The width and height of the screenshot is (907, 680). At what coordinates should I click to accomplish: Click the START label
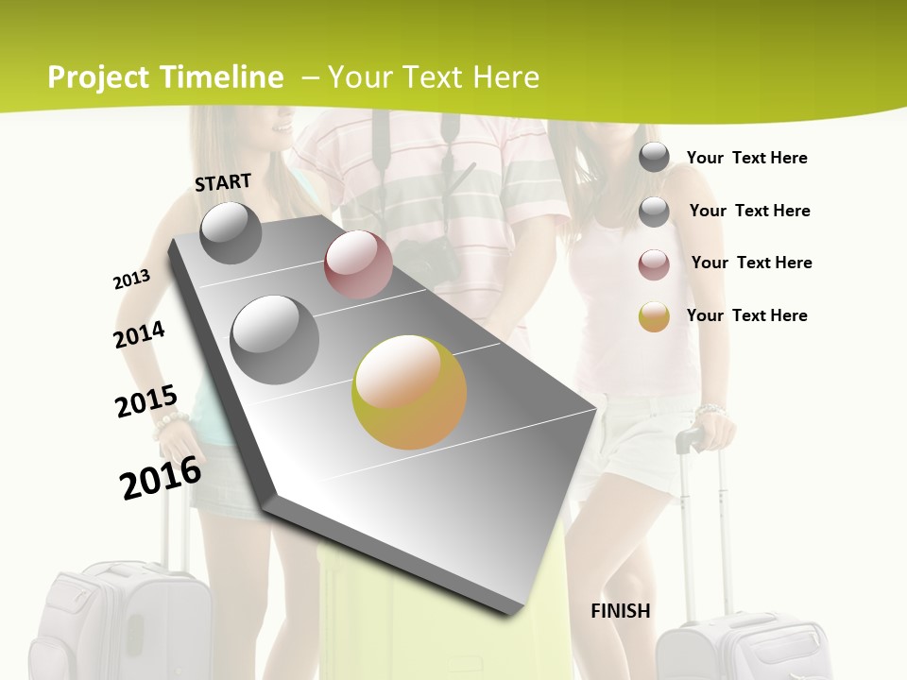(223, 182)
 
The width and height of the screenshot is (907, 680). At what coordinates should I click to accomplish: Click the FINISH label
(620, 611)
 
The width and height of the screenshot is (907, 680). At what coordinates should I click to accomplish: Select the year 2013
(131, 280)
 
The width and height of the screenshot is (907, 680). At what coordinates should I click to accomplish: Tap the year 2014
(139, 335)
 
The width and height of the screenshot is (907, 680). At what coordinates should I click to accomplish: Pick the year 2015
(145, 403)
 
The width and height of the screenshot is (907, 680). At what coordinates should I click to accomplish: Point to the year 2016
(161, 477)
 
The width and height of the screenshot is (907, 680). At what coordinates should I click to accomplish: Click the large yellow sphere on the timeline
(409, 392)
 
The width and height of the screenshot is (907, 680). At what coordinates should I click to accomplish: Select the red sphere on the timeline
(358, 264)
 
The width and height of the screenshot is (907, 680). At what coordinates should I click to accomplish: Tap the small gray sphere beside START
(231, 232)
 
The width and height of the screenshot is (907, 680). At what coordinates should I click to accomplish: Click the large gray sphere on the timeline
(275, 339)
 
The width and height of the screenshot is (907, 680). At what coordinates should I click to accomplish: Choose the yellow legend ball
(654, 316)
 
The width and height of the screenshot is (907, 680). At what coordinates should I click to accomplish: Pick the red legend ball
(654, 264)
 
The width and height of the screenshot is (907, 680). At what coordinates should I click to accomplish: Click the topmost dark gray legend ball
(654, 157)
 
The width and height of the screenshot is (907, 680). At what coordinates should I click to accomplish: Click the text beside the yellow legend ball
(746, 315)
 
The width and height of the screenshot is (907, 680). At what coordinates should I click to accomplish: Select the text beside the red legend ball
(751, 263)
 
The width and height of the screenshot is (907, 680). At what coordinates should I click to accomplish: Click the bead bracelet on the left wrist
(170, 420)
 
